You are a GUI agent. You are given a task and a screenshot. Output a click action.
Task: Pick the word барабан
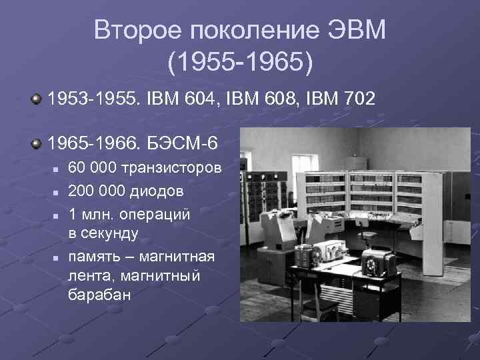pos(99,294)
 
